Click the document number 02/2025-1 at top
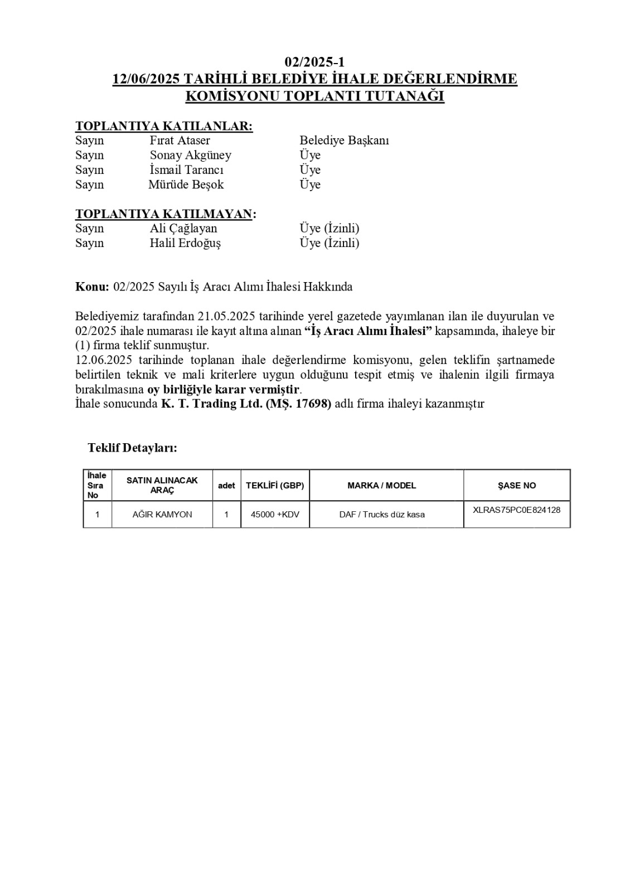coord(314,62)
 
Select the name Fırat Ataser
coord(180,140)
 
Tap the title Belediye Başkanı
coord(344,140)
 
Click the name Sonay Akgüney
coord(190,155)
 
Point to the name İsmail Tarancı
coord(186,169)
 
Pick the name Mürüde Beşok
coord(186,185)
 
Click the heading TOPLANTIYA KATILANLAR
coord(164,126)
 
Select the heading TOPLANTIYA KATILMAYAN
coord(166,214)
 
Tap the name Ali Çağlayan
coord(183,229)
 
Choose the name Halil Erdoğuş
coord(185,243)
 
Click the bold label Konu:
coord(92,287)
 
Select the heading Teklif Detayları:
coord(132,448)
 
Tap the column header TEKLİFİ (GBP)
coord(275,486)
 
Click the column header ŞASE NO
coord(517,486)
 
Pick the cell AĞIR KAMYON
coord(162,515)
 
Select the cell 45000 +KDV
coord(275,515)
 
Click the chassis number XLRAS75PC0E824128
coord(516,510)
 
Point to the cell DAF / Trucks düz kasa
coord(382,515)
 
